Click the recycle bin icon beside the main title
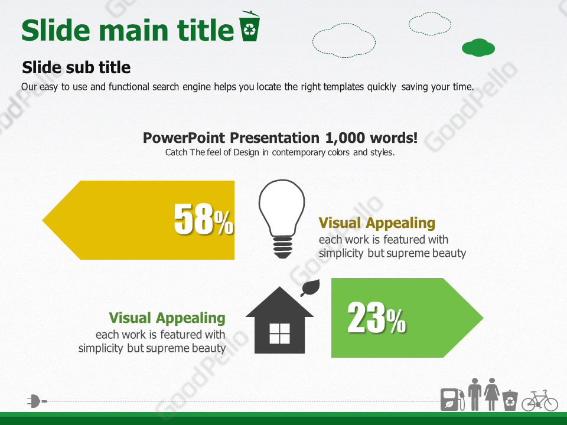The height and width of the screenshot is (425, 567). click(249, 26)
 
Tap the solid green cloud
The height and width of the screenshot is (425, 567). click(478, 47)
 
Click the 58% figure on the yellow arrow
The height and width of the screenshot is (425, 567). click(204, 218)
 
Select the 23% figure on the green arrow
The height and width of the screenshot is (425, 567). click(376, 318)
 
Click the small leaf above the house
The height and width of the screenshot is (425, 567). click(310, 287)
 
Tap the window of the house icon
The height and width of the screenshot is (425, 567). click(279, 334)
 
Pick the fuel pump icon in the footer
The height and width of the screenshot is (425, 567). click(452, 400)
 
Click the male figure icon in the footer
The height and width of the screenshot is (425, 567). click(475, 394)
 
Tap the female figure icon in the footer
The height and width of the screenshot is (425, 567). click(492, 394)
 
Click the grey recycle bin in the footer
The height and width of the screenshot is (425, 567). click(510, 400)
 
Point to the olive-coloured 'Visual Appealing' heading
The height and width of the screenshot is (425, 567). click(377, 223)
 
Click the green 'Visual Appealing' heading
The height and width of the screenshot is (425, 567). click(167, 318)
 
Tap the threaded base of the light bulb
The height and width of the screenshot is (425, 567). click(282, 247)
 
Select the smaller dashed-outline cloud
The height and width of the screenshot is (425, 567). click(430, 24)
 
